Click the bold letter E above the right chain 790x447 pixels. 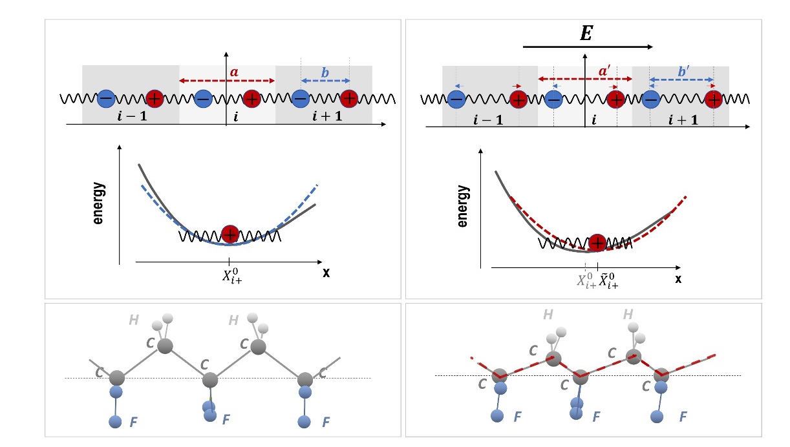(x=586, y=34)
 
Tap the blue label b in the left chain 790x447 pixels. (x=325, y=73)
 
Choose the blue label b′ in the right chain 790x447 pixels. (x=683, y=73)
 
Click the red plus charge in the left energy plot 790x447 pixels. (x=230, y=234)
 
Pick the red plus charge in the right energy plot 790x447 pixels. (x=598, y=243)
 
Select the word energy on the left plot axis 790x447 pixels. (x=98, y=203)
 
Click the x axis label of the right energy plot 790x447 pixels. (x=678, y=279)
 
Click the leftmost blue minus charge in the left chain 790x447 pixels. (x=106, y=99)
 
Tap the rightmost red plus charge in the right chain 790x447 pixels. (x=714, y=99)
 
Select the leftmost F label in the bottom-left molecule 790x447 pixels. (x=133, y=422)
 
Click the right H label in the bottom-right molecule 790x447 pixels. (x=627, y=315)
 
